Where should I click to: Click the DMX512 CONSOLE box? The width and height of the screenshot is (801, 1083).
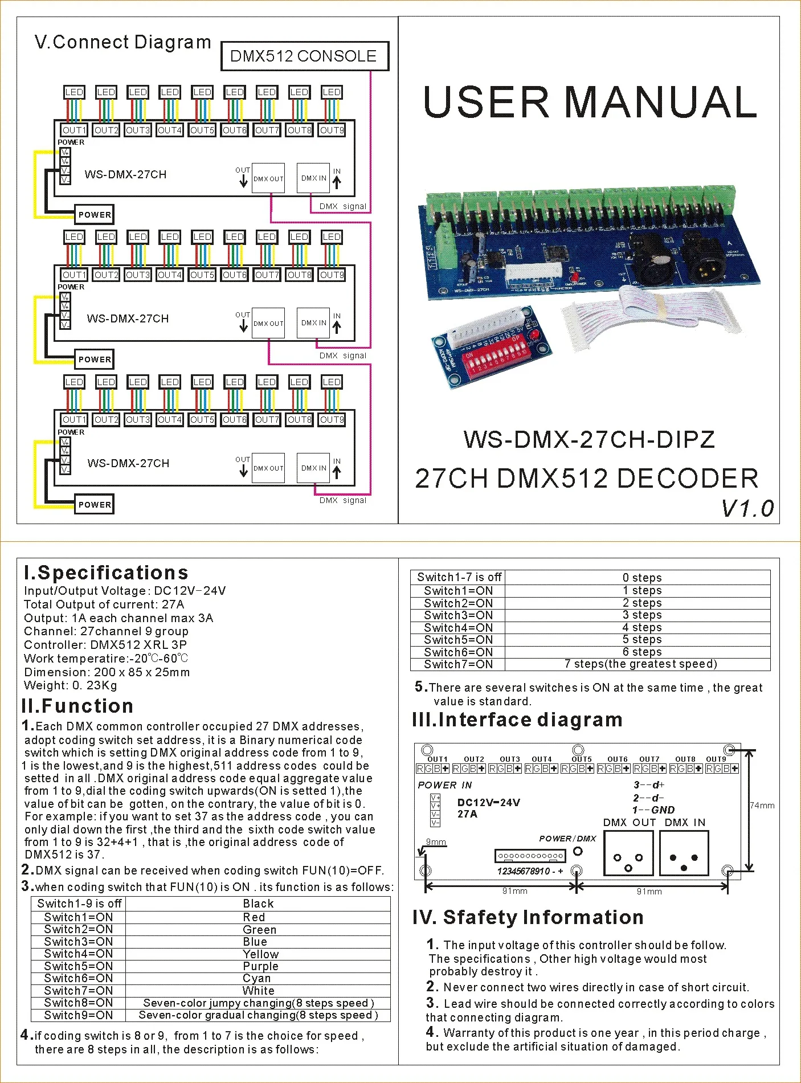pyautogui.click(x=304, y=56)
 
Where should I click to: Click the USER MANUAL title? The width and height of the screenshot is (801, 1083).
pyautogui.click(x=590, y=102)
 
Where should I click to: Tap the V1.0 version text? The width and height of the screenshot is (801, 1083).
pyautogui.click(x=747, y=508)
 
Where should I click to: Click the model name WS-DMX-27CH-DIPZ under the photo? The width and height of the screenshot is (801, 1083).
pyautogui.click(x=589, y=439)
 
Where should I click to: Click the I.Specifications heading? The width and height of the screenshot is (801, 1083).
pyautogui.click(x=106, y=573)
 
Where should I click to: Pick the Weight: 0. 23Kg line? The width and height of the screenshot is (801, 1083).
pyautogui.click(x=70, y=685)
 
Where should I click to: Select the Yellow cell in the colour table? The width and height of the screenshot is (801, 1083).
pyautogui.click(x=260, y=954)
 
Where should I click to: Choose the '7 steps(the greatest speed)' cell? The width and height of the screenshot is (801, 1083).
pyautogui.click(x=640, y=664)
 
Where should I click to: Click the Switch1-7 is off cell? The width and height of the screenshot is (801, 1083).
pyautogui.click(x=459, y=577)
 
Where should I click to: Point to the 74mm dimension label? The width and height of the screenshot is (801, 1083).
pyautogui.click(x=762, y=806)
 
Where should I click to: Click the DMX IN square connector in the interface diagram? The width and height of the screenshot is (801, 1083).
pyautogui.click(x=684, y=853)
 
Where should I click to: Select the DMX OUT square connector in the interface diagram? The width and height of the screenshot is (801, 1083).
pyautogui.click(x=628, y=853)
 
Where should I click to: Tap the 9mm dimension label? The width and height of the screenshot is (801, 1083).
pyautogui.click(x=436, y=842)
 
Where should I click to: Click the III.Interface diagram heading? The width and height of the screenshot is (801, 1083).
pyautogui.click(x=517, y=720)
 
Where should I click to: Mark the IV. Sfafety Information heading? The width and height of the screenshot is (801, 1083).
pyautogui.click(x=528, y=917)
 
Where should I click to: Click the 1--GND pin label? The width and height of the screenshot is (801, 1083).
pyautogui.click(x=653, y=810)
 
